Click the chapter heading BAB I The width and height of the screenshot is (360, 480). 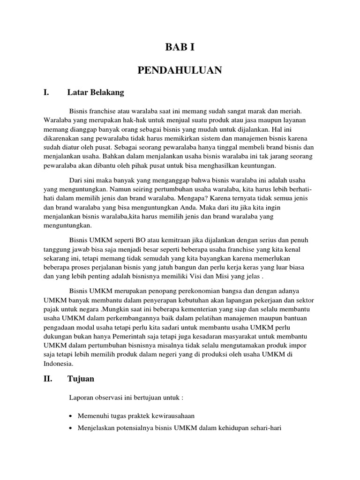tap(180, 47)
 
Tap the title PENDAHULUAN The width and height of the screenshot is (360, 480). tap(180, 70)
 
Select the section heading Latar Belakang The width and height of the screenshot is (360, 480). tap(96, 93)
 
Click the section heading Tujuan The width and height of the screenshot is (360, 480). tap(80, 378)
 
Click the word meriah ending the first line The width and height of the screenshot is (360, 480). tap(290, 111)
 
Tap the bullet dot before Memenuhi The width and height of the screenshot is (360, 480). tap(70, 416)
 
